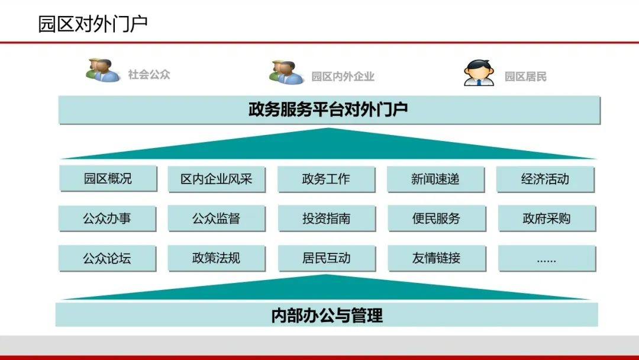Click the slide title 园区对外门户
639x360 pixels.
[92, 24]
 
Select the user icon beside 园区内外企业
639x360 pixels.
[286, 72]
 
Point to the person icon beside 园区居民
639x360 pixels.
[479, 73]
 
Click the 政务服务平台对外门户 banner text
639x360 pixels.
[328, 110]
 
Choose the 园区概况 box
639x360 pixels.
[108, 179]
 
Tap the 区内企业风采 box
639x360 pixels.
[217, 179]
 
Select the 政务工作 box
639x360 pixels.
[326, 179]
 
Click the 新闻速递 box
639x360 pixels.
[435, 179]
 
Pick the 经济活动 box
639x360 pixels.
[545, 179]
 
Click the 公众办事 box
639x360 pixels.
[107, 218]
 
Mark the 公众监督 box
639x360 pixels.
[217, 218]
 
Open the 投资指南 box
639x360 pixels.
[326, 218]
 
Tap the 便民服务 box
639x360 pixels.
[436, 218]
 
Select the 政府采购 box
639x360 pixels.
[546, 218]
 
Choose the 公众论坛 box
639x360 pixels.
[107, 258]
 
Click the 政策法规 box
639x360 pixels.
[217, 258]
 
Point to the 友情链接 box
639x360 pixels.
[436, 258]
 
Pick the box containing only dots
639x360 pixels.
[546, 259]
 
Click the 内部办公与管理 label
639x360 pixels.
[327, 315]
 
